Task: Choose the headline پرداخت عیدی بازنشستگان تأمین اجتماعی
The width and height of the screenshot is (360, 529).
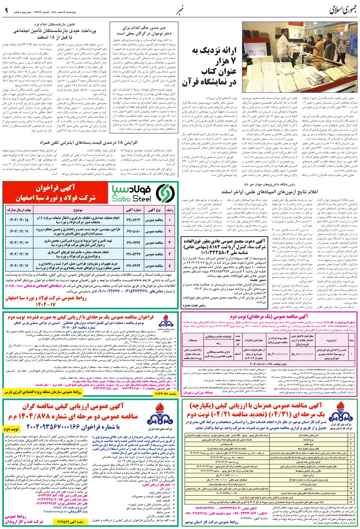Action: tap(54, 34)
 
